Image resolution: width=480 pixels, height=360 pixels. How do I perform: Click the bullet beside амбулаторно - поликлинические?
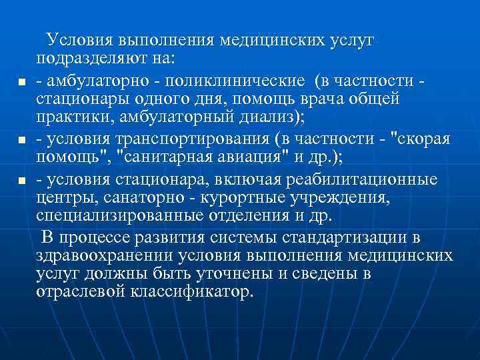coord(21,83)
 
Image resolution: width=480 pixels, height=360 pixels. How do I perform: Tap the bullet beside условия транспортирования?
coord(21,141)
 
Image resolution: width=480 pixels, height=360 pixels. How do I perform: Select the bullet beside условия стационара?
coord(21,181)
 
